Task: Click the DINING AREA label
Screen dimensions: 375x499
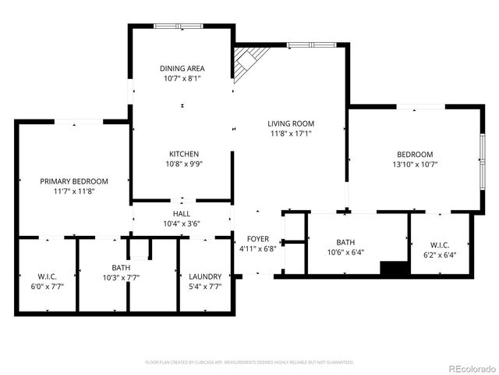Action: coord(182,69)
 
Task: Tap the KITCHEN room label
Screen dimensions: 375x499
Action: coord(183,154)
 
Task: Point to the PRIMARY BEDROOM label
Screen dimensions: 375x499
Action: coord(74,181)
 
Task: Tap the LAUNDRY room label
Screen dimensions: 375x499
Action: coord(206,277)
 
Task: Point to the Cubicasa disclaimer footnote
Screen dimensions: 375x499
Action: coord(249,362)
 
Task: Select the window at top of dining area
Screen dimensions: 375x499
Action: coord(181,27)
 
